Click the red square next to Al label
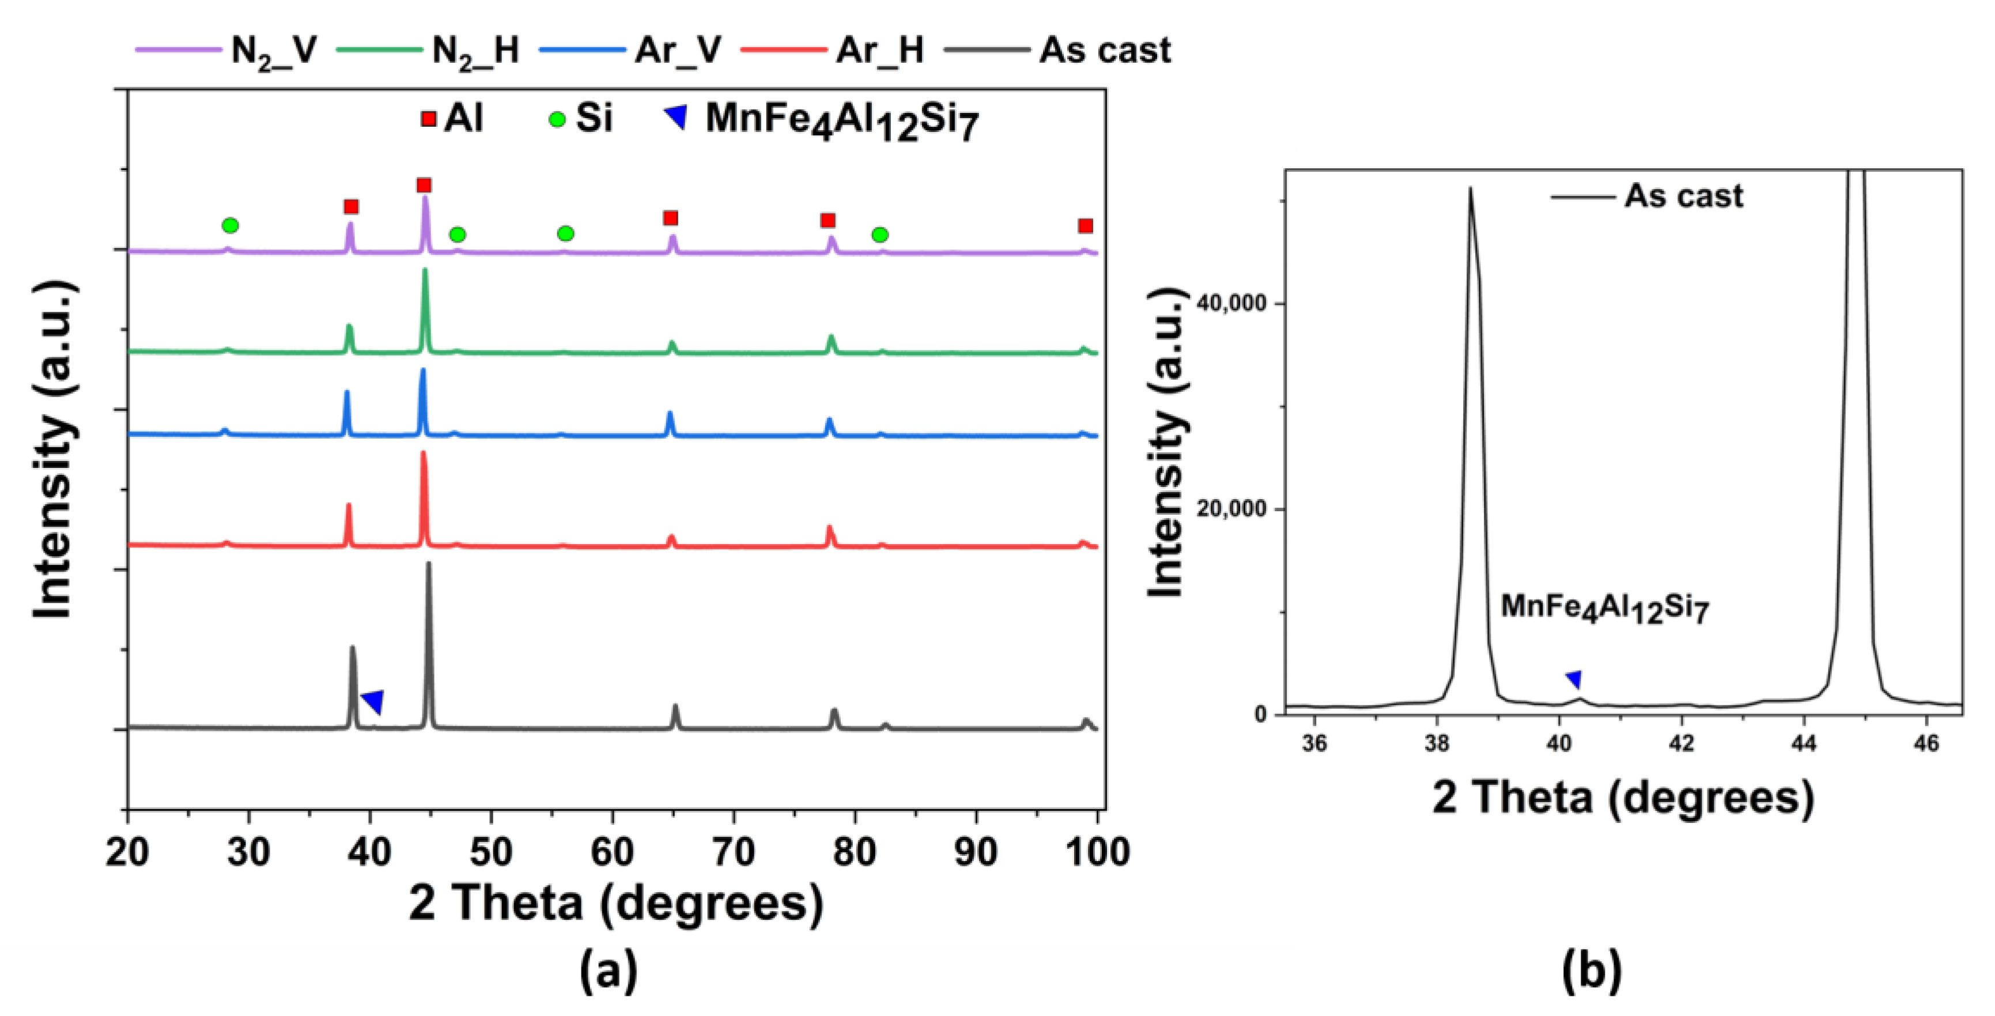coord(428,119)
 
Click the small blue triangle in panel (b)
coord(1574,679)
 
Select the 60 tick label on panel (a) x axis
coord(612,852)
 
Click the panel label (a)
coord(609,970)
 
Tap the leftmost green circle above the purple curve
coord(230,225)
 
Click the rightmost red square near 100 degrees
coord(1085,226)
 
